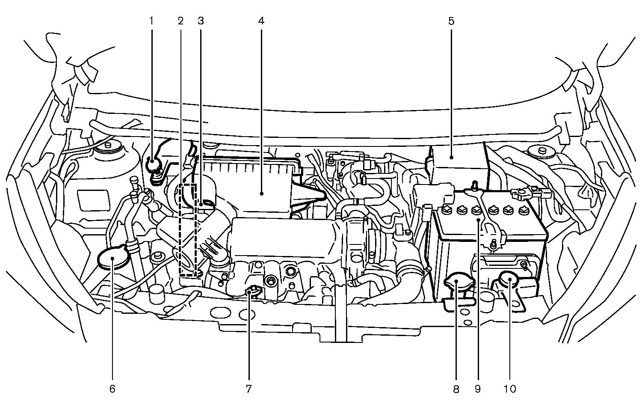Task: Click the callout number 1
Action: coord(151,21)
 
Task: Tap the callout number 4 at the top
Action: coord(261,21)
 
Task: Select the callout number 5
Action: coord(451,21)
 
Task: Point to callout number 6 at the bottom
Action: coord(112,389)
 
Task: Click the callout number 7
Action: coord(249,389)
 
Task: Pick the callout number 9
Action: coord(477,389)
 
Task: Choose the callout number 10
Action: coord(510,389)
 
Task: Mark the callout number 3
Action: coord(201,21)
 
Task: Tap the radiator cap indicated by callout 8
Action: coord(456,284)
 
